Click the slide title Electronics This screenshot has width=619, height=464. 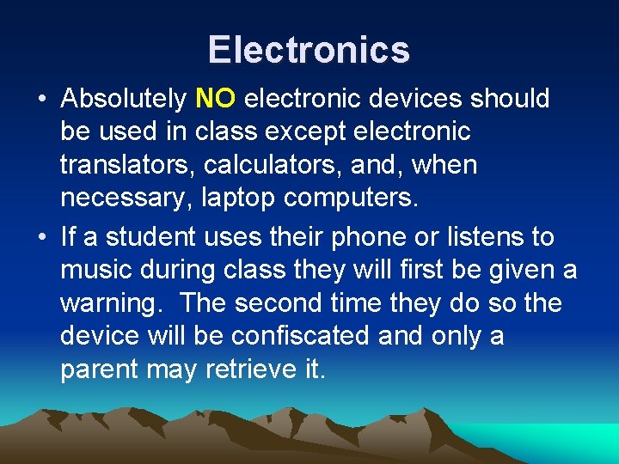click(x=309, y=49)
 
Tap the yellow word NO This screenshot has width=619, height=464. click(x=215, y=99)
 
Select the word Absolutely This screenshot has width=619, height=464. click(x=124, y=100)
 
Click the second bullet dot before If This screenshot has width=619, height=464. click(x=42, y=236)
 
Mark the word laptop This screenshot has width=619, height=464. click(x=238, y=198)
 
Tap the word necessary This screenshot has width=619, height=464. click(x=126, y=198)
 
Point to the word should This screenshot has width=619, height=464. click(x=510, y=99)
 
